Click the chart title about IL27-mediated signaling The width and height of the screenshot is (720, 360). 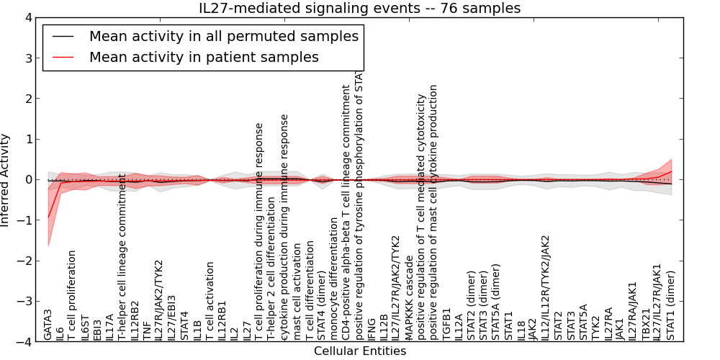[x=359, y=8]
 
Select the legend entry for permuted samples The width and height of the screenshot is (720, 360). [x=223, y=36]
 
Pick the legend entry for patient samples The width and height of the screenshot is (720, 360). [x=204, y=57]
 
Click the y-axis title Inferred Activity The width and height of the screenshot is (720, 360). [x=6, y=180]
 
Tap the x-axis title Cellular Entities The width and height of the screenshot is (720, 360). [x=359, y=351]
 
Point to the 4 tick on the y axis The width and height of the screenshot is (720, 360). [x=31, y=17]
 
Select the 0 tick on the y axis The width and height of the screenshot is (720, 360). [x=31, y=180]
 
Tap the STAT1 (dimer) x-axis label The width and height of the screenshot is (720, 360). [x=671, y=305]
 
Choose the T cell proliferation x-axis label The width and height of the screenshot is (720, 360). [x=72, y=294]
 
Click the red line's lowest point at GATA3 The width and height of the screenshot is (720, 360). [x=48, y=217]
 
